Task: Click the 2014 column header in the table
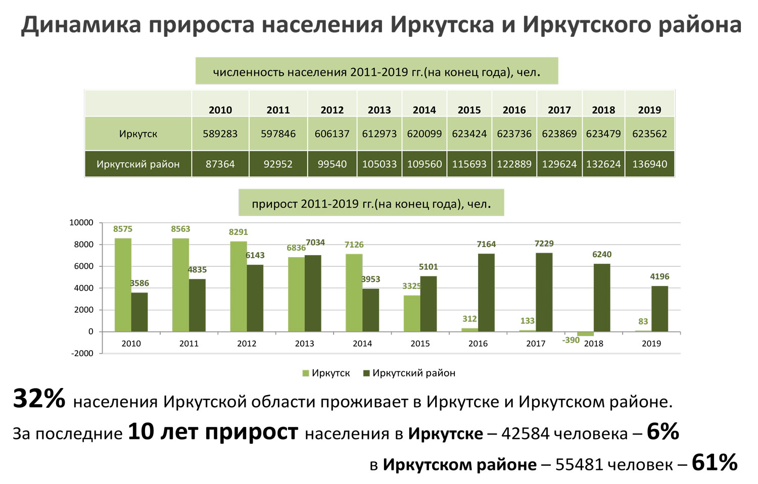pos(424,110)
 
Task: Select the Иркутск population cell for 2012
pos(332,134)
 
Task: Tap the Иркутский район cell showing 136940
pos(649,164)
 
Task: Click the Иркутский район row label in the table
pos(138,164)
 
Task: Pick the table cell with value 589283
pos(220,134)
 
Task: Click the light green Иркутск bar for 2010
pos(123,285)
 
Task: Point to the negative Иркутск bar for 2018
pos(585,334)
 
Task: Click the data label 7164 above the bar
pos(486,245)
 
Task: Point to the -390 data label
pos(571,341)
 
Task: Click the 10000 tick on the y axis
pos(81,223)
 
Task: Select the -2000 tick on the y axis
pos(82,354)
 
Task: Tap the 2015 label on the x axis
pos(420,344)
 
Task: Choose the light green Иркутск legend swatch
pos(306,373)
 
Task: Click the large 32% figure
pos(39,399)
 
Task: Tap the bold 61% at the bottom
pos(714,462)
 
